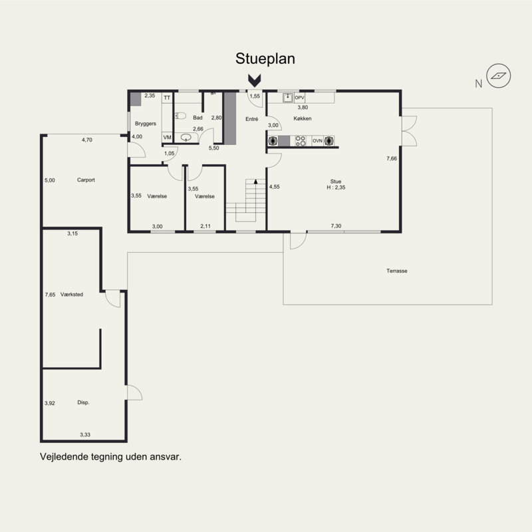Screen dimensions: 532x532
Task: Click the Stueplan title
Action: coord(265,59)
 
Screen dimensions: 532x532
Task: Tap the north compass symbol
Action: coord(498,76)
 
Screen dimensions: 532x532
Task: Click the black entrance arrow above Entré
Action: coord(254,80)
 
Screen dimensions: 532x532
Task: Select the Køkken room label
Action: coord(303,118)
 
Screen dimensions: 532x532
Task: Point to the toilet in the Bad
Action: coord(180,116)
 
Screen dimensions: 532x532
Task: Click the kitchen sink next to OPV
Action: coord(288,98)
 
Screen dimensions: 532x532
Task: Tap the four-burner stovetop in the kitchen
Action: coord(301,141)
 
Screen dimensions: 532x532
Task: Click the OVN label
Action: coord(317,141)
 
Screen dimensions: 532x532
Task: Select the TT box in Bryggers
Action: coord(167,98)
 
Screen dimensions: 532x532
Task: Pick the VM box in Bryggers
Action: coord(168,138)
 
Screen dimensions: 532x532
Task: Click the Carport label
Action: coord(86,180)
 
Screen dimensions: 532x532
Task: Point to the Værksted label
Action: coord(72,295)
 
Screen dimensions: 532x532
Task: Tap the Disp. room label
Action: coord(83,402)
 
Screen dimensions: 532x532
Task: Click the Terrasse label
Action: coord(396,271)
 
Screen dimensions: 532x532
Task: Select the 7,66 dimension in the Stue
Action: coord(392,158)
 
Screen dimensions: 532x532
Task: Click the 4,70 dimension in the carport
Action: coord(87,140)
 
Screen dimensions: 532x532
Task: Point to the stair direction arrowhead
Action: coord(255,182)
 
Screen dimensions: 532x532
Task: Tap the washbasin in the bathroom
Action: coord(186,138)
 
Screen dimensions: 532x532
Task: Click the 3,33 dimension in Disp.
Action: coord(85,435)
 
